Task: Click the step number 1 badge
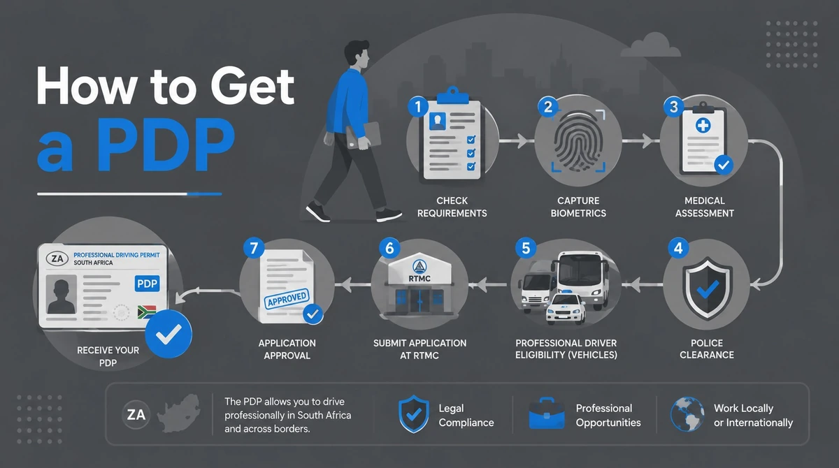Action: pyautogui.click(x=418, y=107)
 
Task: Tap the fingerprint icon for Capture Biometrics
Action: pyautogui.click(x=578, y=141)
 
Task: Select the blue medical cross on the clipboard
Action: pyautogui.click(x=703, y=125)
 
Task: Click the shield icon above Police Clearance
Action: pyautogui.click(x=707, y=288)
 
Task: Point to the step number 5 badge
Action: pyautogui.click(x=526, y=248)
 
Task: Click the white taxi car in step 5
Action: pyautogui.click(x=566, y=308)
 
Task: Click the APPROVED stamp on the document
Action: pyautogui.click(x=287, y=298)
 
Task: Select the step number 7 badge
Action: pyautogui.click(x=254, y=248)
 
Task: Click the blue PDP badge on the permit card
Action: pyautogui.click(x=148, y=284)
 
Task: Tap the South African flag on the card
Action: pyautogui.click(x=146, y=312)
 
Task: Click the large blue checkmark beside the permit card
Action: pyautogui.click(x=168, y=334)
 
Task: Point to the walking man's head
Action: pyautogui.click(x=357, y=54)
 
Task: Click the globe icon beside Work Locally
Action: pyautogui.click(x=687, y=414)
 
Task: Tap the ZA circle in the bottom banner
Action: pyautogui.click(x=136, y=414)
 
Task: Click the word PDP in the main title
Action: pyautogui.click(x=166, y=145)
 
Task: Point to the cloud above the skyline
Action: pyautogui.click(x=651, y=45)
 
